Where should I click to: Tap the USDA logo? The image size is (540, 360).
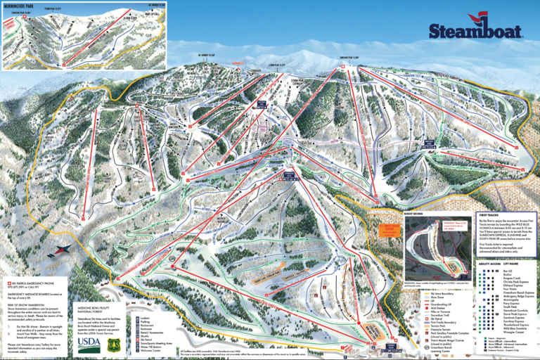tap(89, 325)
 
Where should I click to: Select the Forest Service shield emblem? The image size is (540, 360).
tap(112, 325)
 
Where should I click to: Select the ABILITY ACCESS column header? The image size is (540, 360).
tap(491, 265)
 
